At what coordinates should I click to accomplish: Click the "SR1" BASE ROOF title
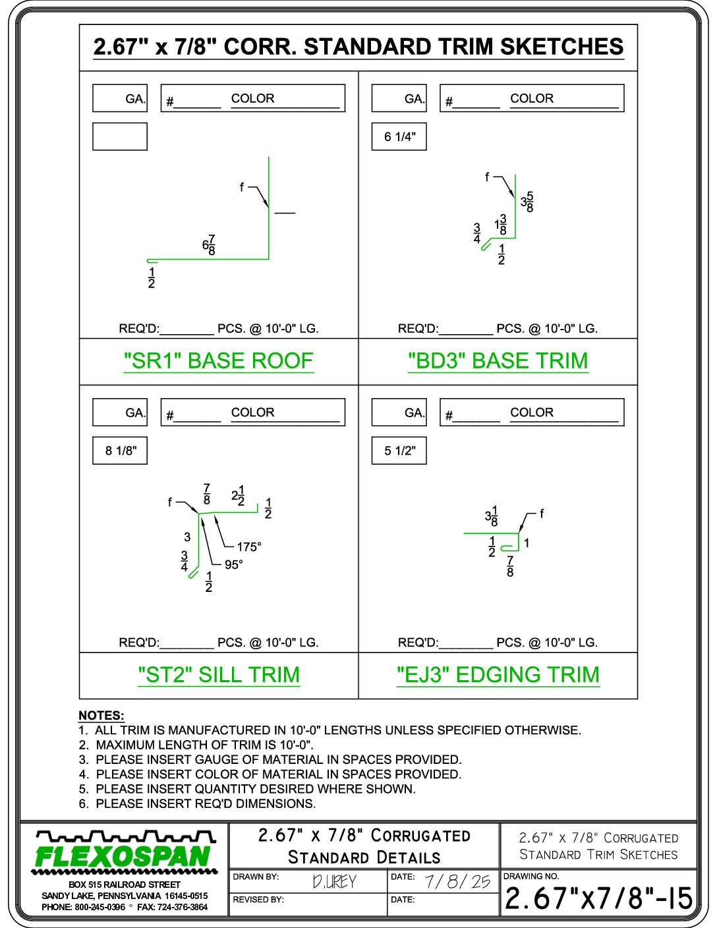click(219, 361)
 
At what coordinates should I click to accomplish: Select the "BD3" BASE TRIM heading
click(498, 361)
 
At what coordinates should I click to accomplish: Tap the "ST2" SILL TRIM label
click(219, 675)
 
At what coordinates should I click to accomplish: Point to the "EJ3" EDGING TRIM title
click(498, 675)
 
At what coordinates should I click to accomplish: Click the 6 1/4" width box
click(399, 136)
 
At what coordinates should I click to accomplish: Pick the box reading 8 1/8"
click(120, 451)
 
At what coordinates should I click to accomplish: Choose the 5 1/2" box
click(399, 451)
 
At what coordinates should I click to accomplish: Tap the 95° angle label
click(233, 565)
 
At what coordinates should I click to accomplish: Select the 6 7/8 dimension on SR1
click(209, 245)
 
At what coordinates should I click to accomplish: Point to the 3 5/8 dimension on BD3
click(527, 202)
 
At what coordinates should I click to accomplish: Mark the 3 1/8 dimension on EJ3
click(492, 516)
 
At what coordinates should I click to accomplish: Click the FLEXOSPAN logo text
click(123, 857)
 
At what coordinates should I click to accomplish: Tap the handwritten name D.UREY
click(334, 882)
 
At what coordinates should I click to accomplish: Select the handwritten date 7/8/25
click(457, 881)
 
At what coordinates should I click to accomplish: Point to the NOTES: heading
click(101, 715)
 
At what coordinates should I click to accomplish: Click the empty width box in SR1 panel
click(120, 136)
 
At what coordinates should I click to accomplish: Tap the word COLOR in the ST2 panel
click(252, 412)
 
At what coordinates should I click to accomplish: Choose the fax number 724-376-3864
click(182, 907)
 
